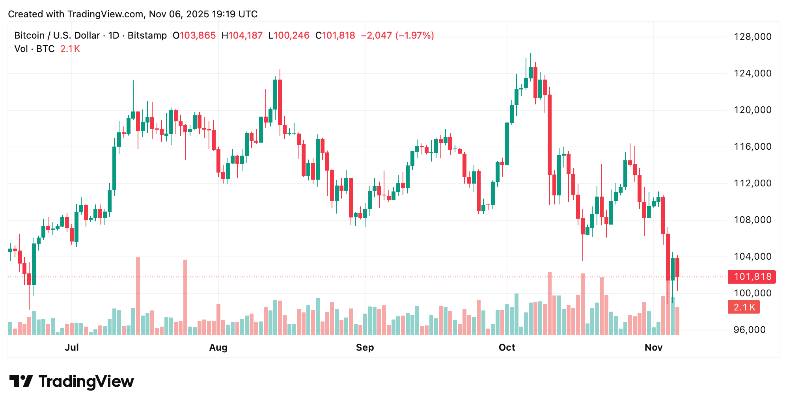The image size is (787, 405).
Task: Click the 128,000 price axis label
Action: (x=752, y=37)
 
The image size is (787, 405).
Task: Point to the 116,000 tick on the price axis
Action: (x=752, y=147)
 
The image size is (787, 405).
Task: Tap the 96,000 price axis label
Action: (x=752, y=330)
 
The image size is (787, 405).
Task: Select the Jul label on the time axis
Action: (x=72, y=347)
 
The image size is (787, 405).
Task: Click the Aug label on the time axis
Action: (x=218, y=347)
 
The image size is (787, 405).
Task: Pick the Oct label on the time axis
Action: (x=507, y=347)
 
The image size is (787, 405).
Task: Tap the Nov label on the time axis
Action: (x=653, y=347)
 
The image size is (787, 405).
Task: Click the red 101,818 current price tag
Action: (x=752, y=277)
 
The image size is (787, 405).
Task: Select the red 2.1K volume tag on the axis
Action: (x=744, y=307)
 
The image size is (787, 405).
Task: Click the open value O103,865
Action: (x=194, y=35)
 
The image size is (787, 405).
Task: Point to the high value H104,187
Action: (x=242, y=35)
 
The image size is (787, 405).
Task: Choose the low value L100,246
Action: (x=289, y=35)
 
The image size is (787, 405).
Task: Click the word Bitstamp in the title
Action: (x=147, y=35)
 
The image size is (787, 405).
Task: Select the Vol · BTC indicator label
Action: (x=34, y=49)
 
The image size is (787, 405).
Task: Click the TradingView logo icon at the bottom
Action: (x=21, y=381)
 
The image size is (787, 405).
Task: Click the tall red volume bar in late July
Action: (x=185, y=297)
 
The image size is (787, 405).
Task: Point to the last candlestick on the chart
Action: (x=677, y=268)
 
